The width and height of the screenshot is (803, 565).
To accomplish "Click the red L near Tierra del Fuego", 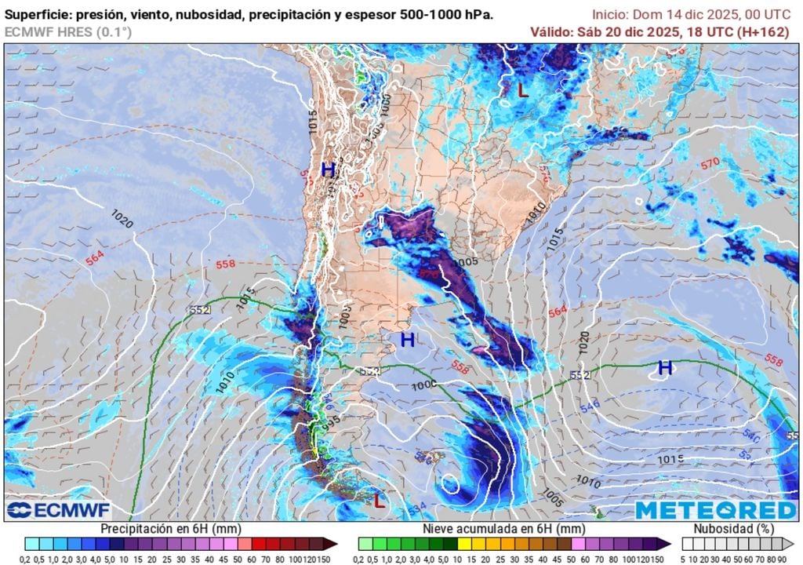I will click(380, 500).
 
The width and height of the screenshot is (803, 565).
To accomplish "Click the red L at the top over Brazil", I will click(523, 90).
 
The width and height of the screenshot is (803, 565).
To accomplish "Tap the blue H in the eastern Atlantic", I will click(665, 367).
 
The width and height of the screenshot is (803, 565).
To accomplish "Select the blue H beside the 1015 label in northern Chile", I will click(328, 169).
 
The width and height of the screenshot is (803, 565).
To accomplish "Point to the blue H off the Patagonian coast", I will click(407, 340).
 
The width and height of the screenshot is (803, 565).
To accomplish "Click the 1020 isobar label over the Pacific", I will click(122, 219).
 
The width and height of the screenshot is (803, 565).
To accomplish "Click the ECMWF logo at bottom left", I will click(49, 511).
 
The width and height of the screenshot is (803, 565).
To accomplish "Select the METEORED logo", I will click(714, 510).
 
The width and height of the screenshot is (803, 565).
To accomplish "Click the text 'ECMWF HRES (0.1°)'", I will click(68, 31).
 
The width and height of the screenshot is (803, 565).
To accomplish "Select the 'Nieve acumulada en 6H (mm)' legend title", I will click(505, 529).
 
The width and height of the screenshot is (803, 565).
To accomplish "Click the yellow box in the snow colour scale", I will click(463, 543).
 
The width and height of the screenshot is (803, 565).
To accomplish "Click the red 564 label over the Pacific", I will click(95, 258).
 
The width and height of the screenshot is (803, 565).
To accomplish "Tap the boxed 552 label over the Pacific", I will click(198, 310).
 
